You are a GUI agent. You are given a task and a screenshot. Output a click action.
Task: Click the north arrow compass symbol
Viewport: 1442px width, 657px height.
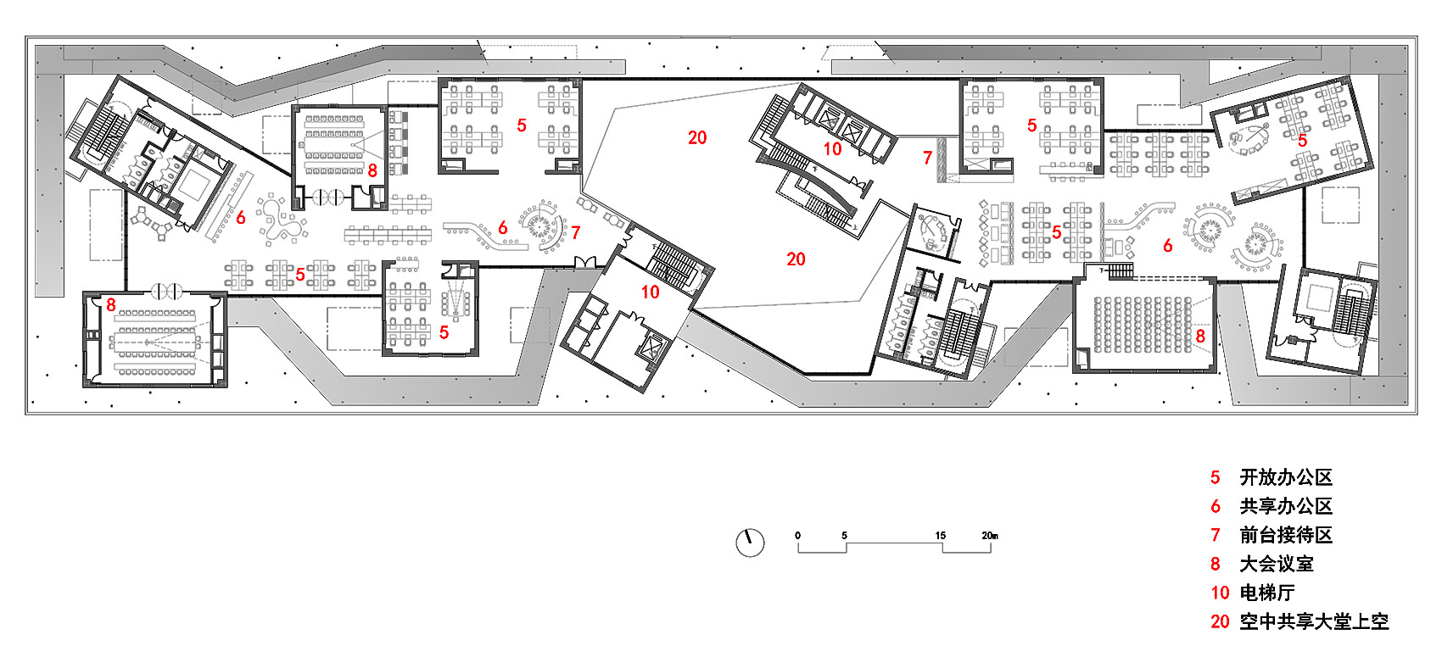(x=750, y=543)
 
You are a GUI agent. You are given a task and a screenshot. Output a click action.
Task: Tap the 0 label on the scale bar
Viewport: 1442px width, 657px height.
(x=797, y=536)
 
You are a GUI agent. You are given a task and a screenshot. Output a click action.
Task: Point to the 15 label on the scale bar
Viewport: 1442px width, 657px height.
(x=941, y=536)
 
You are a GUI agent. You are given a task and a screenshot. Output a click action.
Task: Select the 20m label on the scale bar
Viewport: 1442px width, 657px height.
(x=990, y=536)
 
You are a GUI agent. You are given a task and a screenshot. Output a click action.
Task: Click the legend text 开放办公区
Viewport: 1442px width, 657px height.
(x=1286, y=477)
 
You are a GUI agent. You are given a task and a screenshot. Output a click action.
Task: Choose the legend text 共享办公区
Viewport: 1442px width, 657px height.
(x=1286, y=506)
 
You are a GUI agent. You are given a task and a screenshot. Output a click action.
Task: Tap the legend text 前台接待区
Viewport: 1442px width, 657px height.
(x=1286, y=536)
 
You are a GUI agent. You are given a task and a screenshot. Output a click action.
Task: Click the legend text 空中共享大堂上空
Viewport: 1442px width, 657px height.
(x=1314, y=621)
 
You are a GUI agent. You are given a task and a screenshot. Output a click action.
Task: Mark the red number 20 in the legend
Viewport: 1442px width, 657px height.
(x=1220, y=622)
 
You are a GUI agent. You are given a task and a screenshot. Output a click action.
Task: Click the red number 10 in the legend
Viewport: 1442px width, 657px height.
(x=1220, y=593)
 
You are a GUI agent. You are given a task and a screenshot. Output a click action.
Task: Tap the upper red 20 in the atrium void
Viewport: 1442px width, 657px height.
(x=697, y=137)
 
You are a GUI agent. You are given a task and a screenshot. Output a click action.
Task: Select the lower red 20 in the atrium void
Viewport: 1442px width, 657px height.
(x=796, y=259)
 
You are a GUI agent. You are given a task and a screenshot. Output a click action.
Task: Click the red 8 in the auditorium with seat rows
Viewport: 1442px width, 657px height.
(x=1200, y=336)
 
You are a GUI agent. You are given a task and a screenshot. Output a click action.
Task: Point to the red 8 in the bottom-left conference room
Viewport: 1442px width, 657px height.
(x=111, y=305)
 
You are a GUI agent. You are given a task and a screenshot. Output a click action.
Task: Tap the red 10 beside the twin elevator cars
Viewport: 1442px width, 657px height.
(x=832, y=149)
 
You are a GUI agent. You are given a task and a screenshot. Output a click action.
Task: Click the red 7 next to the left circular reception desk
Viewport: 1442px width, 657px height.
(x=575, y=233)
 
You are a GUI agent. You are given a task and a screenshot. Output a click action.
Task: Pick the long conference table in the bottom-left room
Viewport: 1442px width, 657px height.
(x=154, y=342)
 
